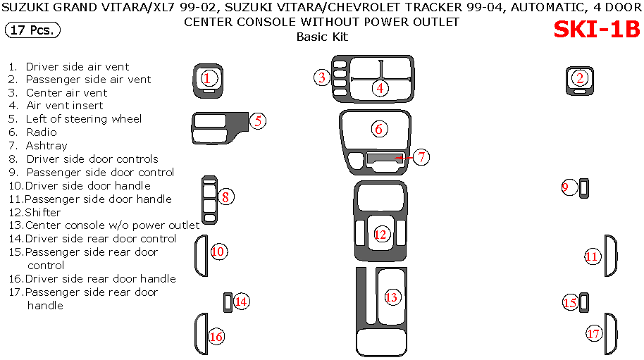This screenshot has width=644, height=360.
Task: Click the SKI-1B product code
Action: pyautogui.click(x=596, y=30)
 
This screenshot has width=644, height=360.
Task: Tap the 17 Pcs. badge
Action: pyautogui.click(x=32, y=30)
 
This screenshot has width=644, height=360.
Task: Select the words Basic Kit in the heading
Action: pyautogui.click(x=322, y=37)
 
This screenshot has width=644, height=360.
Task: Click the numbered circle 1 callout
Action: pyautogui.click(x=207, y=78)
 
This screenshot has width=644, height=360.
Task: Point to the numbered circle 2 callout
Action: pyautogui.click(x=580, y=78)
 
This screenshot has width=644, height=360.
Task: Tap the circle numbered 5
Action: pyautogui.click(x=259, y=120)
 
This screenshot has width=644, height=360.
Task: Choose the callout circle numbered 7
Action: pyautogui.click(x=421, y=157)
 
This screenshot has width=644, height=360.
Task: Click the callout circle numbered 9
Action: pyautogui.click(x=569, y=187)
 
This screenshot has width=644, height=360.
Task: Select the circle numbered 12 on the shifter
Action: pyautogui.click(x=380, y=235)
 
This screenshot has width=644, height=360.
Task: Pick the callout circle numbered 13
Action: pyautogui.click(x=391, y=297)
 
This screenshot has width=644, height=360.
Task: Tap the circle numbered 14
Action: pyautogui.click(x=241, y=302)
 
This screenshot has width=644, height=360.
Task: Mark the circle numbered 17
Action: pyautogui.click(x=594, y=333)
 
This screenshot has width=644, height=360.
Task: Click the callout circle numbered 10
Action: pyautogui.click(x=218, y=252)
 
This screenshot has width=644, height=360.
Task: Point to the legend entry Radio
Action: pyautogui.click(x=42, y=132)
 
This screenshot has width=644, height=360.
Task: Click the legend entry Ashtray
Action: pyautogui.click(x=47, y=146)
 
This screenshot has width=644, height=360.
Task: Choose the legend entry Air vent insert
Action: pyautogui.click(x=64, y=106)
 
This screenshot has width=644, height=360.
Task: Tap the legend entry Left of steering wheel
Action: pyautogui.click(x=84, y=119)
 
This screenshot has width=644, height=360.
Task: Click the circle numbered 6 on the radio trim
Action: pyautogui.click(x=379, y=129)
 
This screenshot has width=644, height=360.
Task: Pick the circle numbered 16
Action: pyautogui.click(x=216, y=337)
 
